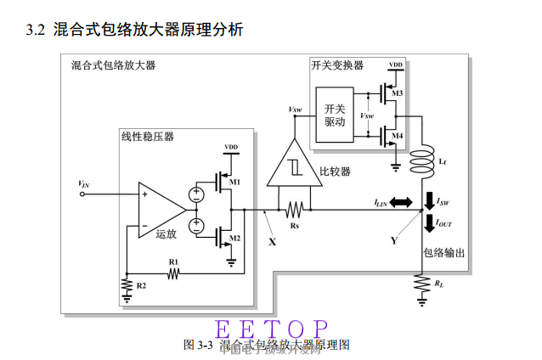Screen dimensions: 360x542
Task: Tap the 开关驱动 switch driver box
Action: click(x=336, y=115)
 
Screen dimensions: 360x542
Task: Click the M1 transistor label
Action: click(x=235, y=182)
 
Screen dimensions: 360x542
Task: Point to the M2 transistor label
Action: click(x=235, y=239)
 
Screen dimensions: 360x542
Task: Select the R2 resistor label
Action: click(x=141, y=286)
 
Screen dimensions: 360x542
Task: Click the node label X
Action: click(x=272, y=241)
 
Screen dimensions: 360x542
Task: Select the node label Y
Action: click(x=394, y=241)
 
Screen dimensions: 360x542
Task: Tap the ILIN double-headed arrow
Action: click(x=399, y=202)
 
